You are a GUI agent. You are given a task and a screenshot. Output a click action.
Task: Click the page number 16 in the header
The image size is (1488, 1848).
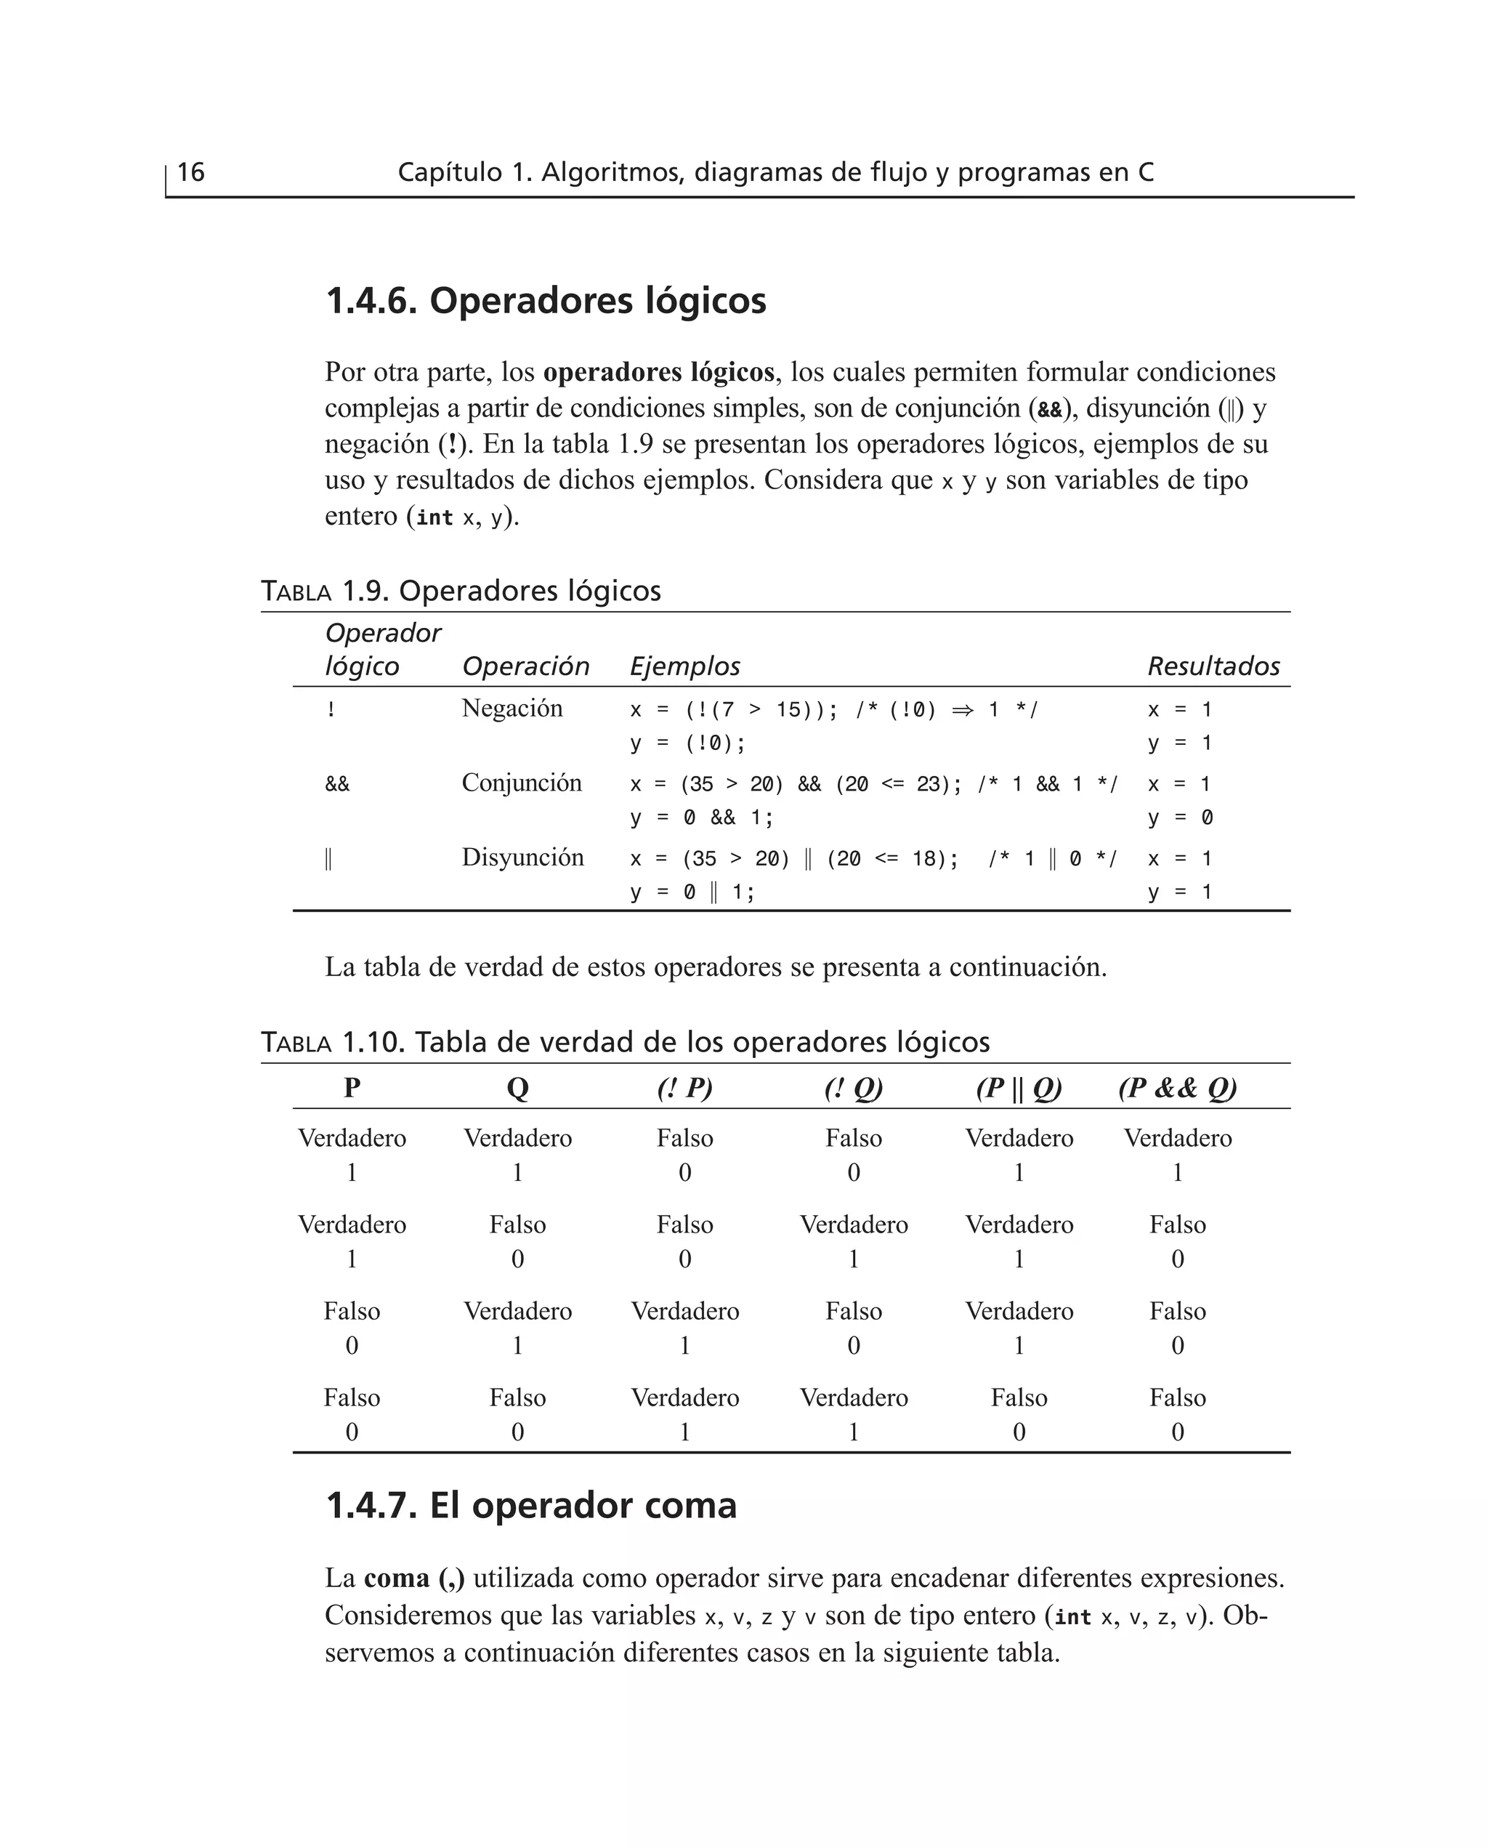tap(190, 172)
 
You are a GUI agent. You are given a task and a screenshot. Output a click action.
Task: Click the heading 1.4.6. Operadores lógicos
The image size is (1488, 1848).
tap(545, 301)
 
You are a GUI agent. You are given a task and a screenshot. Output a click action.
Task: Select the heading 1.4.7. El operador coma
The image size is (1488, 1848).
tap(530, 1505)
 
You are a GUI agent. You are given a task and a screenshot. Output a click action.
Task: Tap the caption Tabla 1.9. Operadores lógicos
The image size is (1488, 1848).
tap(461, 591)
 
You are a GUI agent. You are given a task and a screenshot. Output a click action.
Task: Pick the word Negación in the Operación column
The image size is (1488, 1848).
tap(511, 708)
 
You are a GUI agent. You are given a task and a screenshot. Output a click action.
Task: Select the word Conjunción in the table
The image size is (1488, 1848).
tap(521, 783)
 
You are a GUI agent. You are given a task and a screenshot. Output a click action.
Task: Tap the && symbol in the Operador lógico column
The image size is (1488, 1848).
tap(337, 784)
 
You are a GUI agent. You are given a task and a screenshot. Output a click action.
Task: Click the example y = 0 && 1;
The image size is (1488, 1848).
tap(701, 818)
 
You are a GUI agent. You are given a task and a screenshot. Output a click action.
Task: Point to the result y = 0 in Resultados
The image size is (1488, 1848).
tap(1179, 818)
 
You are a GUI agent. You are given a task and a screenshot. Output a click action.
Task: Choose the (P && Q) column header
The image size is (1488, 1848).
tap(1177, 1088)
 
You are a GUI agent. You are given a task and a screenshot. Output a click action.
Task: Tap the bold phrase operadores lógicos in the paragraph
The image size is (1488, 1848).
tap(658, 372)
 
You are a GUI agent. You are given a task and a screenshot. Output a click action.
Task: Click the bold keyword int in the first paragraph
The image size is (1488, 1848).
tap(434, 517)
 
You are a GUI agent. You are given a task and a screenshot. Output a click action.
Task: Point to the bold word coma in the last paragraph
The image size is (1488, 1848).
tap(396, 1578)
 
